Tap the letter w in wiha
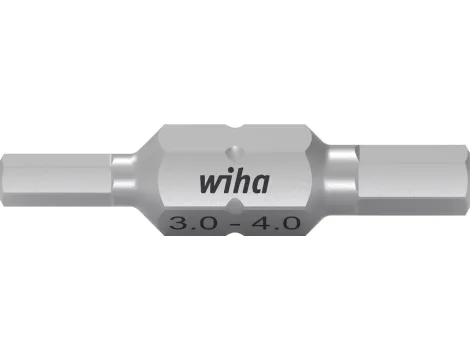207,188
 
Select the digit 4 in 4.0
260,222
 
